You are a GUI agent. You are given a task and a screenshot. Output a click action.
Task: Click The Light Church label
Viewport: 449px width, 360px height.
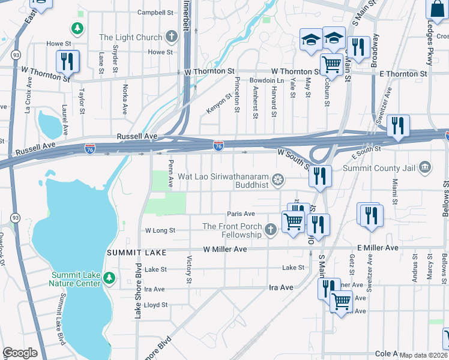click(x=130, y=37)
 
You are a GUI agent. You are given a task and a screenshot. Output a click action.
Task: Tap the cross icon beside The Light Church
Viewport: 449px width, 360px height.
click(x=172, y=37)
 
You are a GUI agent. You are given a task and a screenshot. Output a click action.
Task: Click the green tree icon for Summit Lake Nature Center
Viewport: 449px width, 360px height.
click(x=109, y=278)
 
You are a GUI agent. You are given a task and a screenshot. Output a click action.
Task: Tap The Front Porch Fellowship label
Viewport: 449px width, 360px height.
click(x=232, y=230)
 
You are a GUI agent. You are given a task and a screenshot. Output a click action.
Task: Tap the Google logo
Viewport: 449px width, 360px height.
click(x=20, y=353)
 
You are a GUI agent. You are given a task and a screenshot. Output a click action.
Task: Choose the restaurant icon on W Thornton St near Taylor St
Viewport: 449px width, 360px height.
click(x=67, y=61)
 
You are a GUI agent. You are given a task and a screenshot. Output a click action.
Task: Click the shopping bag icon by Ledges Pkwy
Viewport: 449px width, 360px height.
click(x=435, y=9)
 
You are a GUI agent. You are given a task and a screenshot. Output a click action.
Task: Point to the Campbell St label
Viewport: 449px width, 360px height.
click(x=155, y=12)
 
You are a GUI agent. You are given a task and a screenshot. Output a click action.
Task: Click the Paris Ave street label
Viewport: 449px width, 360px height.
click(x=241, y=214)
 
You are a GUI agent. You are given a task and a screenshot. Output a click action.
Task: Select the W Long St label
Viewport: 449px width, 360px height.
click(x=160, y=230)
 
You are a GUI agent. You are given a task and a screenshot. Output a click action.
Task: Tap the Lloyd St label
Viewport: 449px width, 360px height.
click(x=155, y=305)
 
